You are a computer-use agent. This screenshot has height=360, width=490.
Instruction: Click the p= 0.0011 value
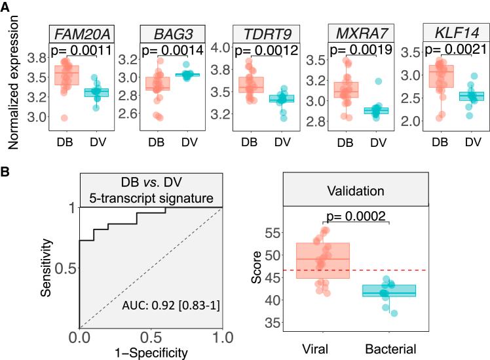pyautogui.click(x=75, y=50)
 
